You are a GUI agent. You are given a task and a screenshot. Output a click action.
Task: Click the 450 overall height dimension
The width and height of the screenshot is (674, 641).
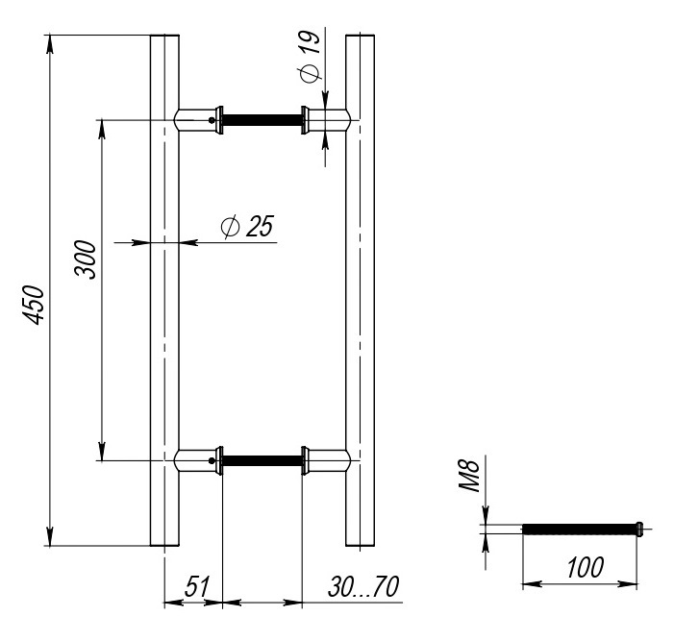[34, 305]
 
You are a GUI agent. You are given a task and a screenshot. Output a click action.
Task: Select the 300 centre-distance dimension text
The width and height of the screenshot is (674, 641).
[86, 259]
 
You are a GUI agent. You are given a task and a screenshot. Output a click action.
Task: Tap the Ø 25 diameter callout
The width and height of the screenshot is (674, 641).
[247, 226]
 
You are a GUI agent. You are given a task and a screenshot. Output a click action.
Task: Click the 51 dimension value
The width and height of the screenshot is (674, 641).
[197, 586]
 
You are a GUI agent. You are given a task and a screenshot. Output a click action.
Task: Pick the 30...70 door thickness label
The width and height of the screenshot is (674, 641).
[363, 586]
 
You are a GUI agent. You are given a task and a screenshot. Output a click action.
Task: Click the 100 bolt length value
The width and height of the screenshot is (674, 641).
[586, 567]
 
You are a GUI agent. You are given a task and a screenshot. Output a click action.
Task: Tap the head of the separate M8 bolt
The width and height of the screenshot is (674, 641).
[639, 529]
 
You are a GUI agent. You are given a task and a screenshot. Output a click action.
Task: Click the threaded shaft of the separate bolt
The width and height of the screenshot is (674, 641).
[579, 529]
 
